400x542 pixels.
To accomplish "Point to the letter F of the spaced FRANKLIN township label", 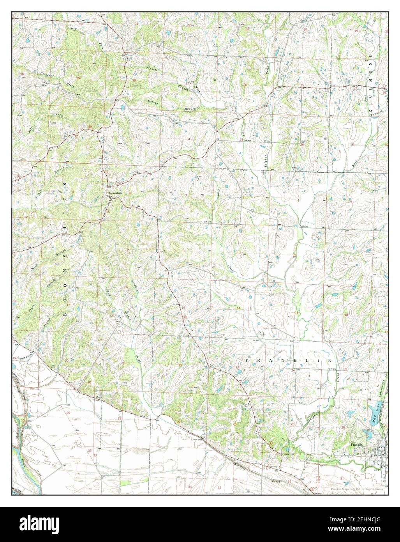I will [247, 361].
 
